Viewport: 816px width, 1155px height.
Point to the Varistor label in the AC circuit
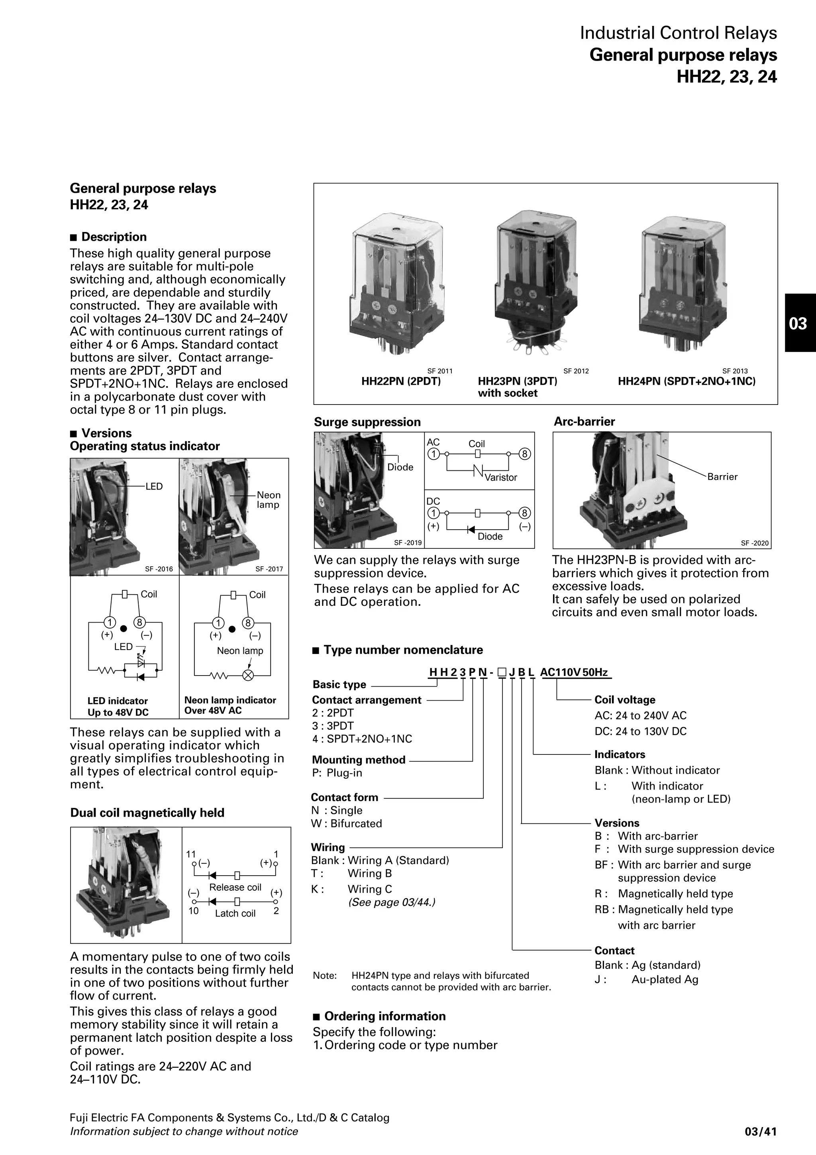(501, 477)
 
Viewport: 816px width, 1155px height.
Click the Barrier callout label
(722, 476)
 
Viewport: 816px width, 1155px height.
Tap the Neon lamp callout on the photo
(268, 499)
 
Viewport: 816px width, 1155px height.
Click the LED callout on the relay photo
(154, 487)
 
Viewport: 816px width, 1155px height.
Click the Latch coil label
(235, 913)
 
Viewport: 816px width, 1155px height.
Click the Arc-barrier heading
(584, 422)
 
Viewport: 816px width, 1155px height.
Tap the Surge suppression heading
(367, 422)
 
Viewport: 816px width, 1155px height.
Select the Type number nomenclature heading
(403, 650)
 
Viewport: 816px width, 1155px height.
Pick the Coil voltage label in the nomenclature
(624, 700)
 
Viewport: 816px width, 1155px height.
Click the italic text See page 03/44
(392, 902)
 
